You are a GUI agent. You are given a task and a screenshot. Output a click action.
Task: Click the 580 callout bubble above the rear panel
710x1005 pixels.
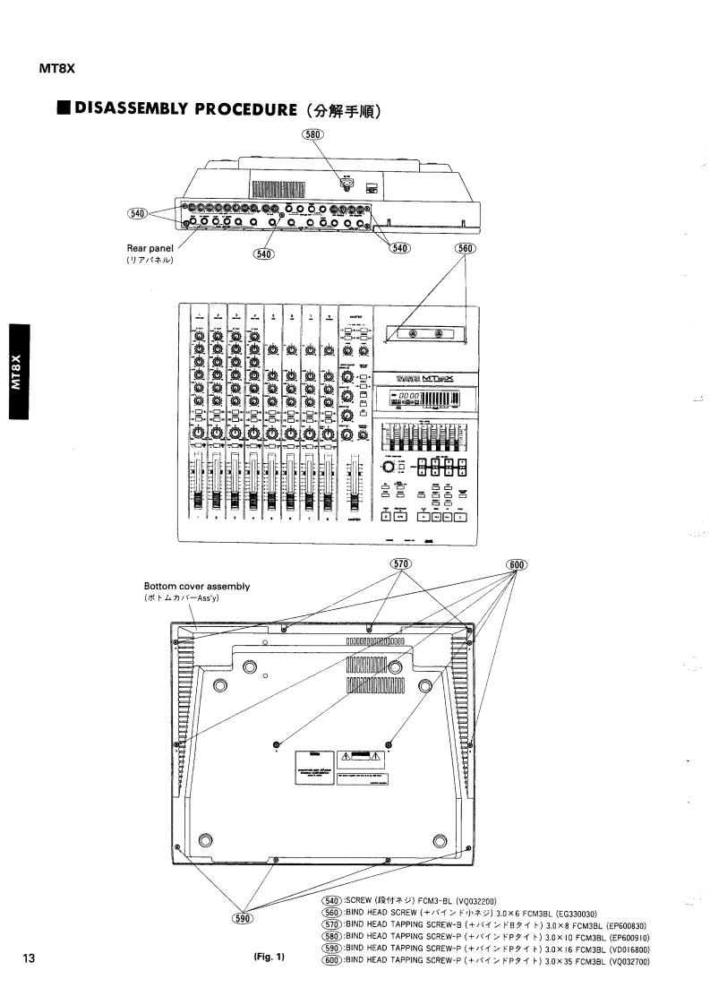(313, 135)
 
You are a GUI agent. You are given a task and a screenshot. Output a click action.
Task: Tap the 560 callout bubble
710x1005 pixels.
(465, 248)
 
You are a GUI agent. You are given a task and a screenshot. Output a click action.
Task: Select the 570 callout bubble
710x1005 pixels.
(400, 563)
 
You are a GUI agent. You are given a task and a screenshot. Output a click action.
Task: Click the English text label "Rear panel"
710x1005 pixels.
(149, 249)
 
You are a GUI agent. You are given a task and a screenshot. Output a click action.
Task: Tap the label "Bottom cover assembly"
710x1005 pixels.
(190, 587)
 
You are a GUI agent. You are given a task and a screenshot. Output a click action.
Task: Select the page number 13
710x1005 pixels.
(29, 958)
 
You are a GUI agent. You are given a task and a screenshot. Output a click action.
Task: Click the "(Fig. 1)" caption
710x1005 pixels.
(269, 958)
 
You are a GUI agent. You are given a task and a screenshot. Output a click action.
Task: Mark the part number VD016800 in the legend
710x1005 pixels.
(628, 949)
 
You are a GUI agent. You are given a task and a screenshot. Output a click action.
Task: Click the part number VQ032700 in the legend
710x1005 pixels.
(628, 961)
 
